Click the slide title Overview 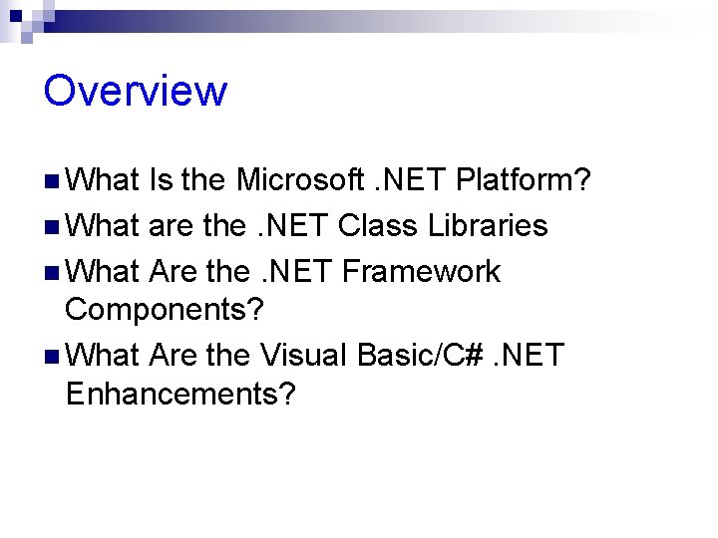[136, 91]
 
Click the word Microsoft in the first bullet [300, 180]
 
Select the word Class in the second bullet [376, 226]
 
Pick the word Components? [165, 309]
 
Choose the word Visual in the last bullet [302, 355]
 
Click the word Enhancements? [180, 394]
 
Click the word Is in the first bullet [160, 180]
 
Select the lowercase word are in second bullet [171, 226]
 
